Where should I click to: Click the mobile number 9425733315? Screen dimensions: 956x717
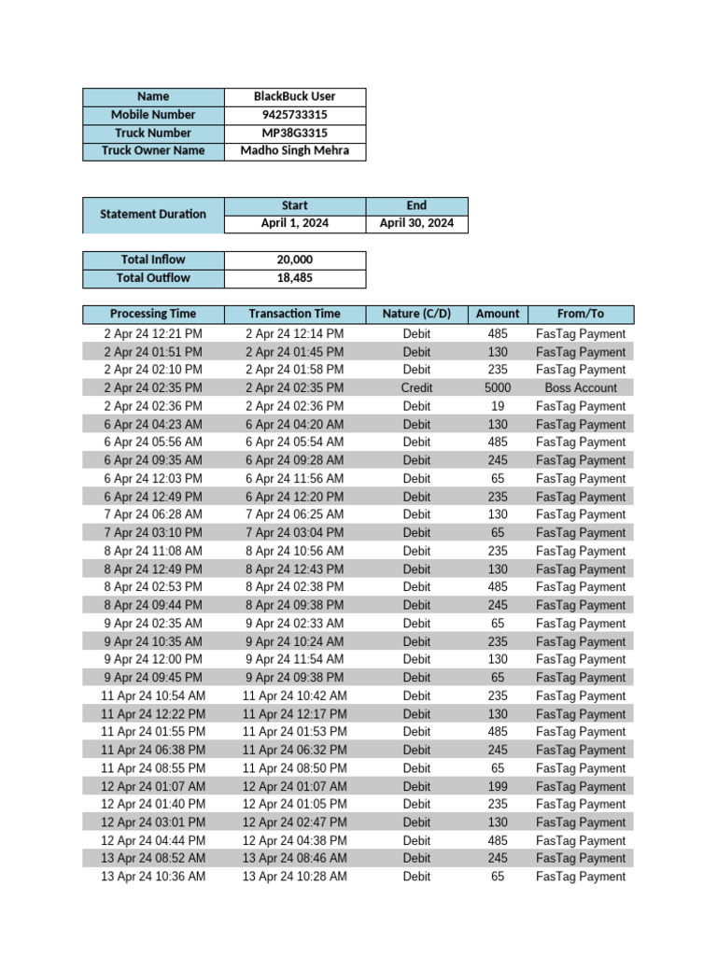coord(294,115)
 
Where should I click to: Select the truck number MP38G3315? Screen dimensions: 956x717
coord(294,133)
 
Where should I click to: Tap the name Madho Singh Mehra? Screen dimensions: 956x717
coord(294,150)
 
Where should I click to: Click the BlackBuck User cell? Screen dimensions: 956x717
coord(294,96)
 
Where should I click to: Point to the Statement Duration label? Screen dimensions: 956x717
coord(153,214)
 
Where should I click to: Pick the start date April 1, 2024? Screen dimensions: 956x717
coord(294,223)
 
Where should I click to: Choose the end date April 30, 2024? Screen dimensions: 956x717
coord(416,223)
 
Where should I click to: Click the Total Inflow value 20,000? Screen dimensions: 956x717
coord(294,260)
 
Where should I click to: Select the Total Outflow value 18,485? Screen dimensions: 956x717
coord(294,277)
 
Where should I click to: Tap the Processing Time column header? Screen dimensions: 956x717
coord(153,314)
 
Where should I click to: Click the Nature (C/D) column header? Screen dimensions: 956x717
coord(416,314)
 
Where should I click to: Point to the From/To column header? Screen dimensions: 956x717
coord(580,314)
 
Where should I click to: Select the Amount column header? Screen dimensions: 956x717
coord(498,314)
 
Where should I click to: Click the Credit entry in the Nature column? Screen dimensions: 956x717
coord(416,387)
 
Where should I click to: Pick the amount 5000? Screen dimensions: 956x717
coord(498,387)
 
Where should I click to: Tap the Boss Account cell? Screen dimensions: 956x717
coord(580,387)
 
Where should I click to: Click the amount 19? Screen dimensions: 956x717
coord(498,406)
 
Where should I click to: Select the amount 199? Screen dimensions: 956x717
coord(498,786)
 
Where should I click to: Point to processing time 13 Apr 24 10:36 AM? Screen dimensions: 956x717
coord(153,877)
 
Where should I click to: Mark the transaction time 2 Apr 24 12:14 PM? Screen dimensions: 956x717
coord(294,333)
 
